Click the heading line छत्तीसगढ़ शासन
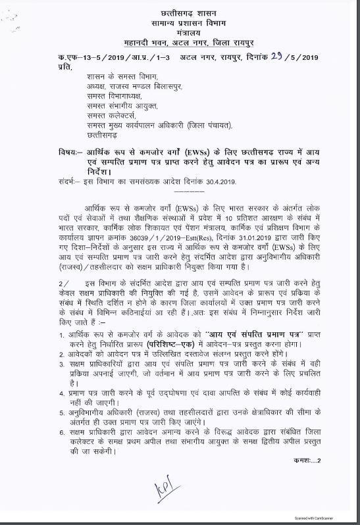(x=180, y=12)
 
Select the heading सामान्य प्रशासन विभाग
(x=180, y=23)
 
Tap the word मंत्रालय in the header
(x=180, y=32)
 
